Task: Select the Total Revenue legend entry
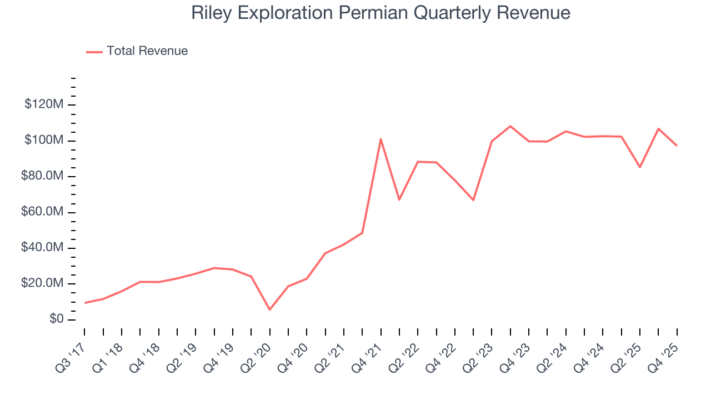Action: coord(137,51)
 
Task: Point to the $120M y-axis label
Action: coord(43,104)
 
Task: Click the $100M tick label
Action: coord(43,141)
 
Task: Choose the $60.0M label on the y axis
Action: coord(41,212)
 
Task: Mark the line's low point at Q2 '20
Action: coord(269,309)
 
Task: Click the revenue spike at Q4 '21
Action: coord(380,139)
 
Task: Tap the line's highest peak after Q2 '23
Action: coord(510,126)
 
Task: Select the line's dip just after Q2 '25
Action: coord(640,167)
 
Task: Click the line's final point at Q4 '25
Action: coord(677,146)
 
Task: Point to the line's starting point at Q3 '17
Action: coord(84,303)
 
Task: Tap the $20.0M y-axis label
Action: coord(41,284)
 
